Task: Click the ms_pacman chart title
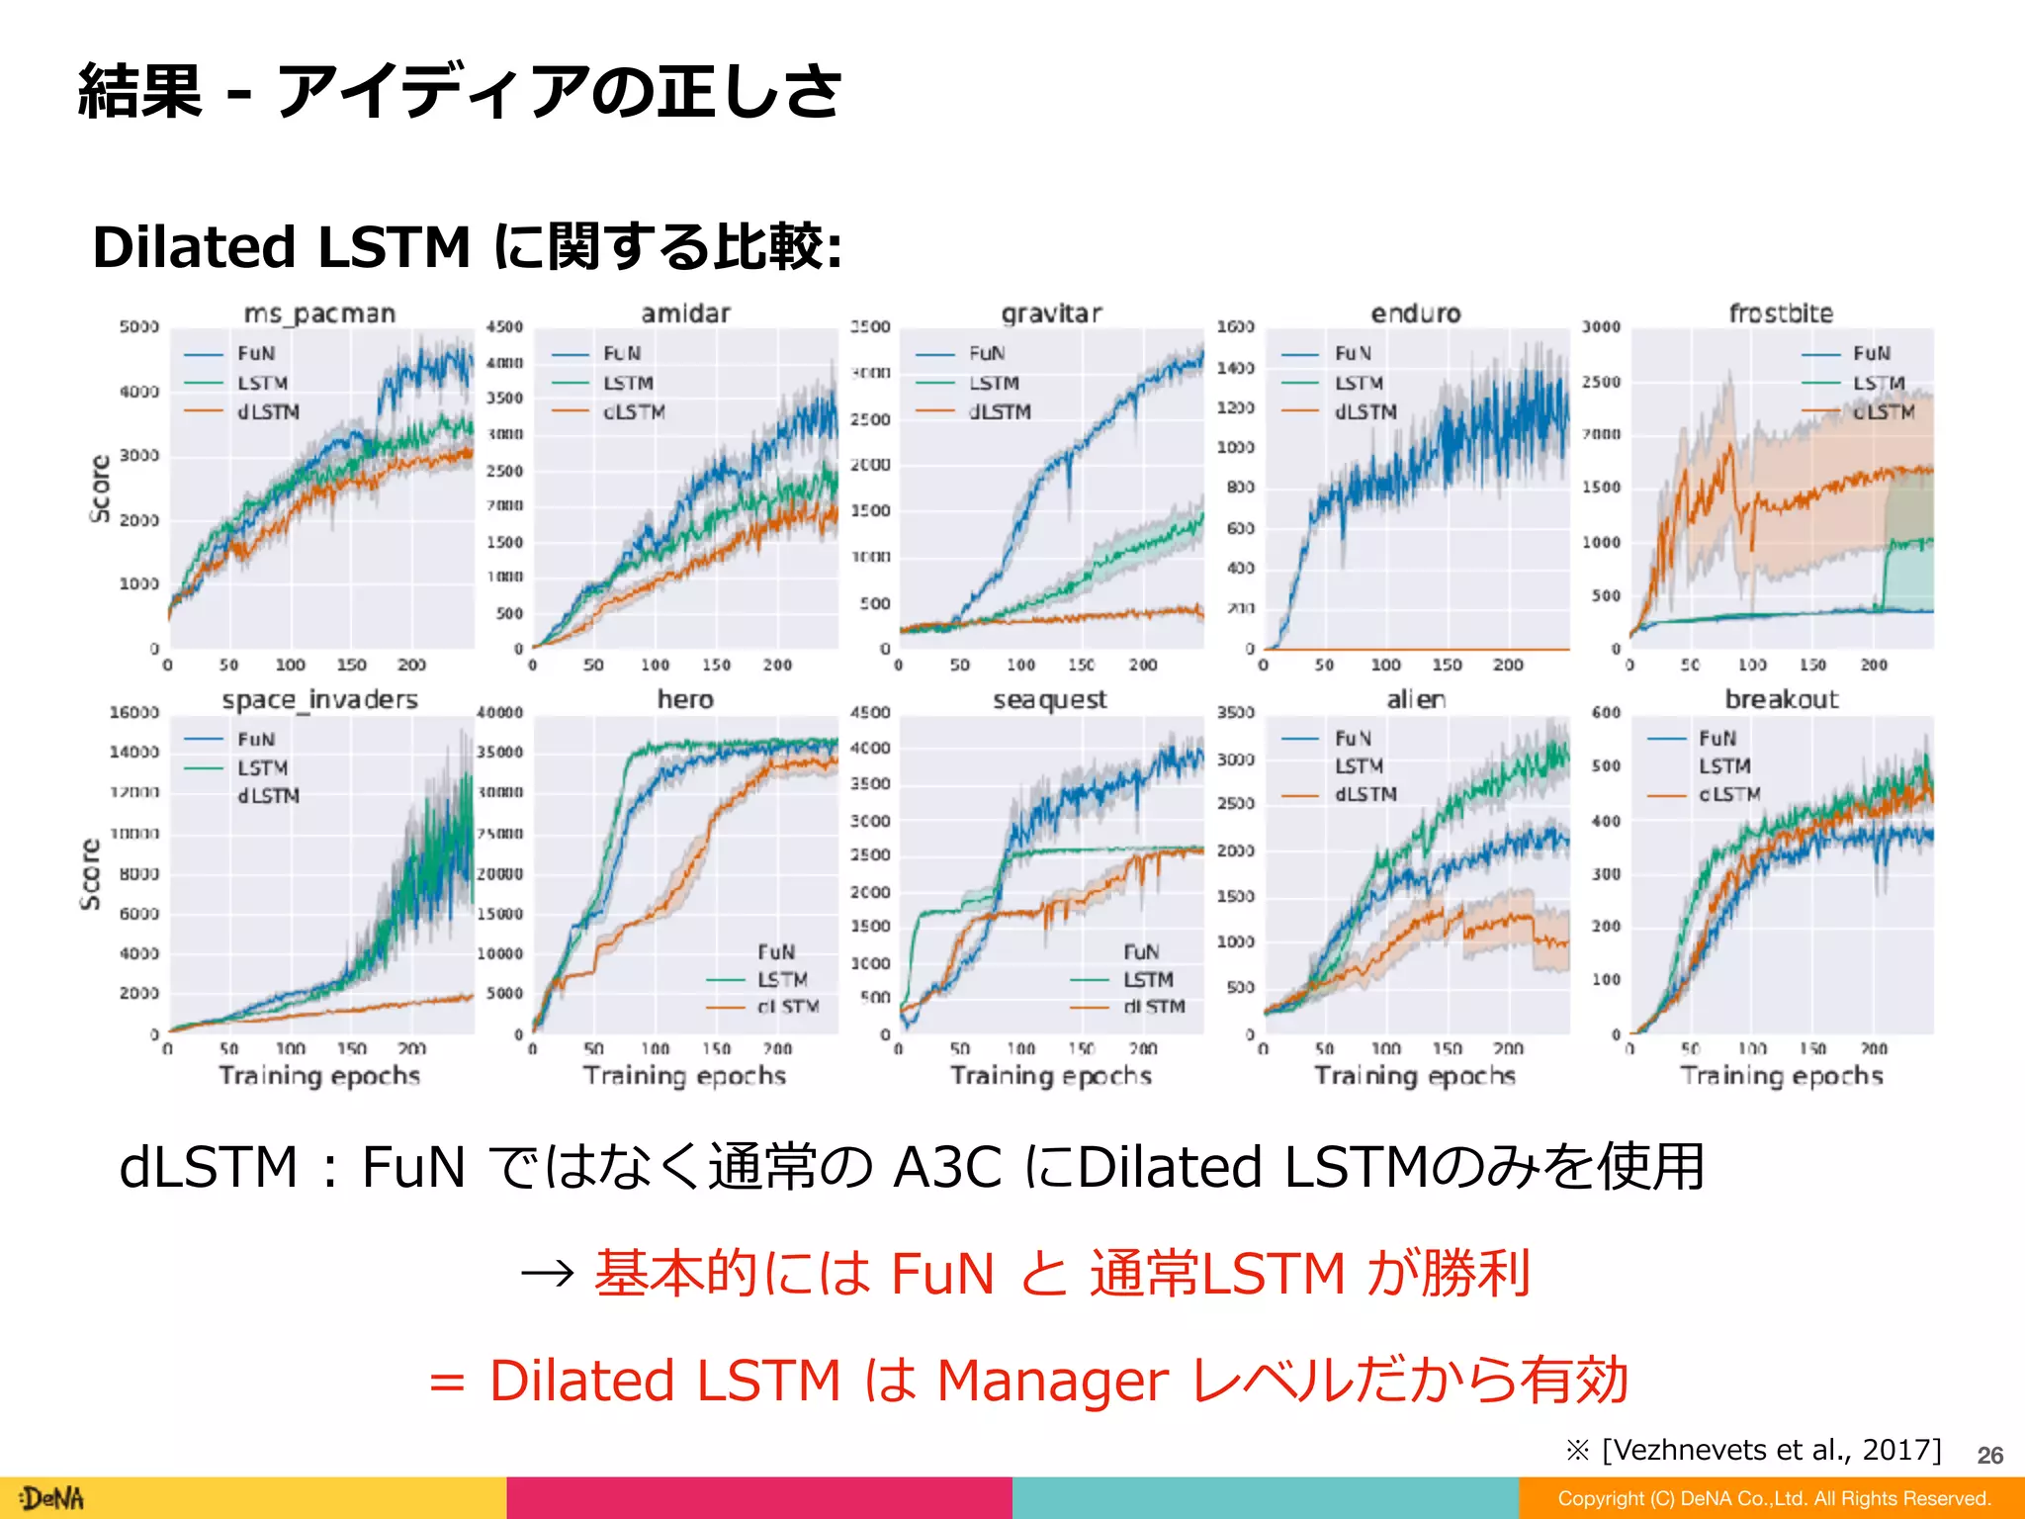319,313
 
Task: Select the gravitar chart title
1050,313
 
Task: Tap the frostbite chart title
1781,313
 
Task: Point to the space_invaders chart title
319,699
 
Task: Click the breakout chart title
1781,699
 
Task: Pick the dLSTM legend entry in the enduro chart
1365,411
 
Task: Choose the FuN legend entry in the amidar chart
621,353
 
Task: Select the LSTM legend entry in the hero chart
781,979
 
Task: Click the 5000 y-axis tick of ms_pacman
138,326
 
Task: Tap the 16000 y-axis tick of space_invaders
133,712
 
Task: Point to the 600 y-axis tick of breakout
1606,712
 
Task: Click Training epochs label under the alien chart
1415,1075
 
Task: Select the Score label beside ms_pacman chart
100,489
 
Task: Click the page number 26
1989,1455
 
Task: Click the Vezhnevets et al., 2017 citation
1770,1450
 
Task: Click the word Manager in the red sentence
1052,1380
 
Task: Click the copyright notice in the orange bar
1774,1498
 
